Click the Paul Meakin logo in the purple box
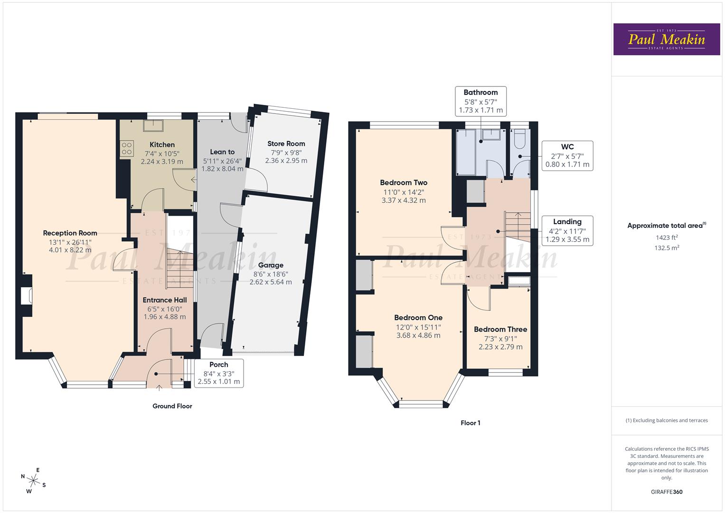click(667, 39)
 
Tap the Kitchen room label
click(162, 144)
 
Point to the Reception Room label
click(70, 233)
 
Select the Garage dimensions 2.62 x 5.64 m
click(271, 282)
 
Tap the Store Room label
click(286, 143)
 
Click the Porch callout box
click(219, 373)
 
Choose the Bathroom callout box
click(480, 101)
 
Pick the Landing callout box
click(567, 230)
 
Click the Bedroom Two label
click(404, 182)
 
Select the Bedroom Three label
click(500, 329)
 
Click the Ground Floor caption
click(172, 406)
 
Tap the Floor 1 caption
click(471, 423)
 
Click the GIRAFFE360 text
click(667, 492)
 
